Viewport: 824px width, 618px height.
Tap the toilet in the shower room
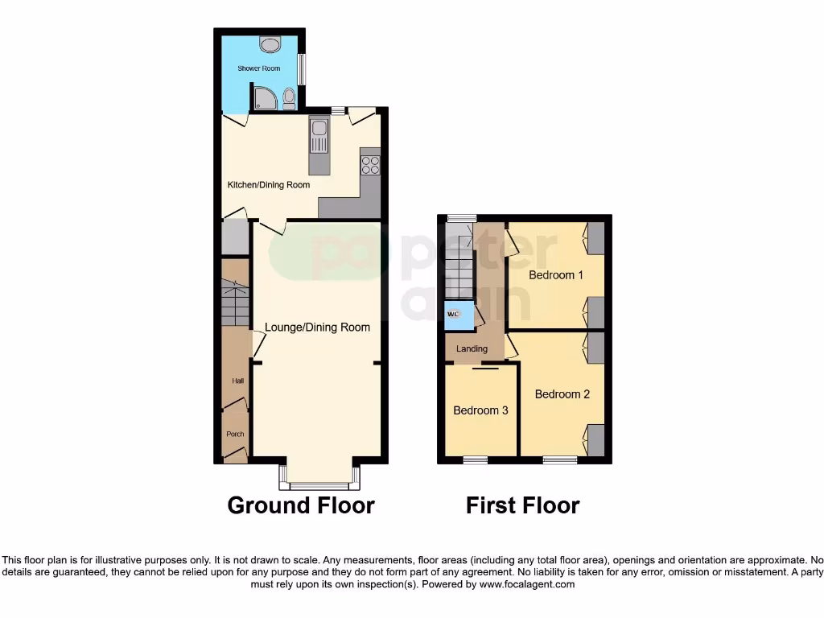(x=289, y=99)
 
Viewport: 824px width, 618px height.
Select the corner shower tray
(x=265, y=98)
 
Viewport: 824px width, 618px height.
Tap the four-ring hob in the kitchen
(x=370, y=165)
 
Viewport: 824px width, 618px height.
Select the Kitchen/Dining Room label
(x=268, y=185)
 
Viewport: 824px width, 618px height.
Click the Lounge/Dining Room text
(x=317, y=328)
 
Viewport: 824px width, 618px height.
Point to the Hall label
(x=237, y=381)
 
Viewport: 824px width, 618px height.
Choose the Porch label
(x=235, y=434)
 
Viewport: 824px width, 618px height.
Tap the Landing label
(x=472, y=349)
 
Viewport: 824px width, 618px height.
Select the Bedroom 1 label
(x=555, y=275)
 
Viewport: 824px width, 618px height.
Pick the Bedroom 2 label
(x=562, y=394)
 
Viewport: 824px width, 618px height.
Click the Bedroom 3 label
(x=480, y=410)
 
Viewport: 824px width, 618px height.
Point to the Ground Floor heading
(x=300, y=505)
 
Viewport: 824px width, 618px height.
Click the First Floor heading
(x=522, y=505)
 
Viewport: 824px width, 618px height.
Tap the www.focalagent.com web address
(x=528, y=584)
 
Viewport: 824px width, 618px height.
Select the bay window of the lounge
(x=319, y=485)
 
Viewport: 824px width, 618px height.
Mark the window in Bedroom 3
(x=475, y=460)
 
